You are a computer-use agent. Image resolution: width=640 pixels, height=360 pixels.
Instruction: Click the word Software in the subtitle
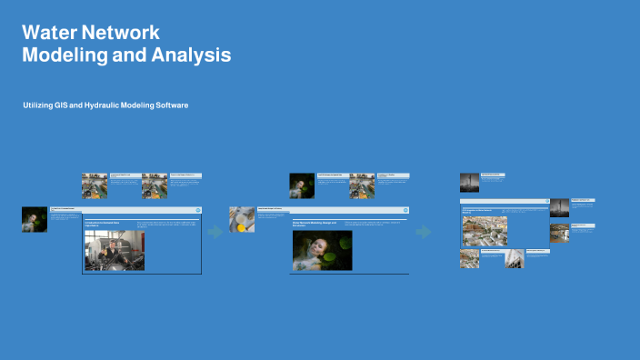click(171, 106)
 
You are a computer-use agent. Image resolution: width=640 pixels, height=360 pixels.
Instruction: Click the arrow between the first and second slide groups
click(215, 232)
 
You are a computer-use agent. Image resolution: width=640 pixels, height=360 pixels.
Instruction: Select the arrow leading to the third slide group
click(424, 232)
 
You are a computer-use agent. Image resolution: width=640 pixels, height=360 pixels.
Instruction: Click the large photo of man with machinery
click(114, 251)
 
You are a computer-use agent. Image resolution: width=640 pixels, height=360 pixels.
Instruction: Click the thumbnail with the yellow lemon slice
click(242, 219)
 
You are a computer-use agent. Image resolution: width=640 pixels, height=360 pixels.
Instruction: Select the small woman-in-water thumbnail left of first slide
click(35, 219)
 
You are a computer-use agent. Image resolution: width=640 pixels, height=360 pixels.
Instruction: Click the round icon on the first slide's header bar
click(197, 210)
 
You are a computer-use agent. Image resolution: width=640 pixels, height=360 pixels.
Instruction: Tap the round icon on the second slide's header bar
click(405, 210)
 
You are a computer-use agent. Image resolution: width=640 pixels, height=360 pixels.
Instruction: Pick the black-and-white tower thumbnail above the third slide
click(469, 182)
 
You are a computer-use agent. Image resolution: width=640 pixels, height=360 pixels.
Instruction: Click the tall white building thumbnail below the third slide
click(515, 258)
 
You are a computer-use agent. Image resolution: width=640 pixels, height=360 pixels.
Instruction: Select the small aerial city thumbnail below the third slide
click(469, 258)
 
